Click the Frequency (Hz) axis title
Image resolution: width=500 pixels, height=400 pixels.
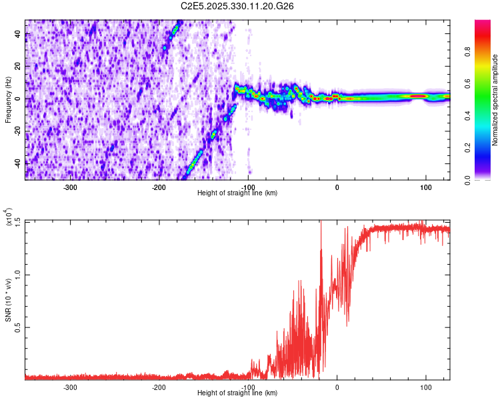tap(9, 100)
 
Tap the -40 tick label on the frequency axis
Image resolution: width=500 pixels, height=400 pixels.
tap(18, 162)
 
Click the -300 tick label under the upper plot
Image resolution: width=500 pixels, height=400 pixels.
tap(70, 187)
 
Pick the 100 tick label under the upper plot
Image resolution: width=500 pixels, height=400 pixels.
tap(425, 187)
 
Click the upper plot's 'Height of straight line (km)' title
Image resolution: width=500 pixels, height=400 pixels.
tap(237, 193)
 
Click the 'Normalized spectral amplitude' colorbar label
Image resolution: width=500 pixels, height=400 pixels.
tap(495, 100)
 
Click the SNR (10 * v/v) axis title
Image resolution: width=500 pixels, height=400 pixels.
tap(9, 300)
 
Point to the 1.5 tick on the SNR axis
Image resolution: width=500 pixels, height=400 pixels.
tap(18, 221)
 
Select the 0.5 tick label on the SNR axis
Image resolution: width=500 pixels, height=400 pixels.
tap(18, 327)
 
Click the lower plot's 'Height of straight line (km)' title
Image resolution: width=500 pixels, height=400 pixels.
tap(237, 393)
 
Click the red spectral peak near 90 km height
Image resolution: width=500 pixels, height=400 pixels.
tap(418, 96)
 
